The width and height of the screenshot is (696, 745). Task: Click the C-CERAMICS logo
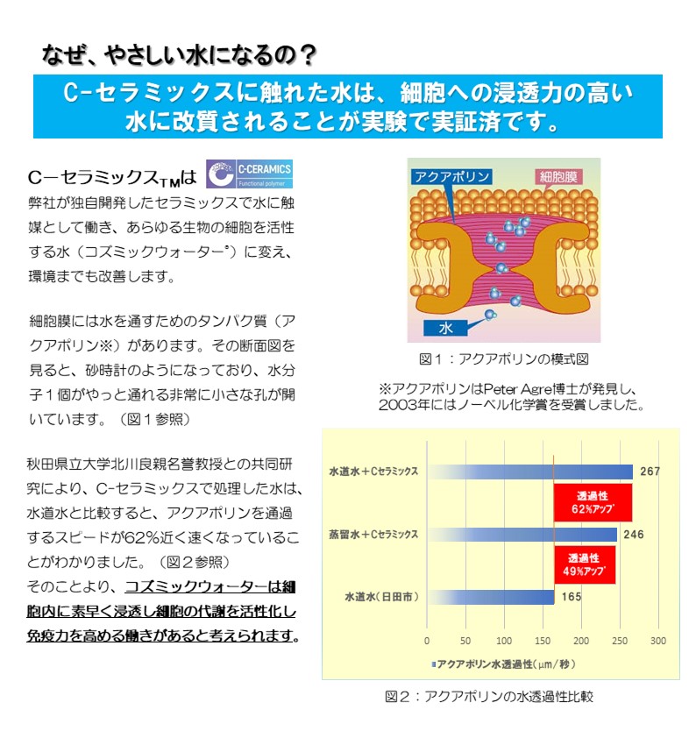250,174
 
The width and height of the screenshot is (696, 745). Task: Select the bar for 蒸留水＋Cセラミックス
522,534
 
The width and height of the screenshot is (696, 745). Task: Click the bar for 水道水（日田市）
490,597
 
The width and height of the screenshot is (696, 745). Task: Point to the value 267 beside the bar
650,472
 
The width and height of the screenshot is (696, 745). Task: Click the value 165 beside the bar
572,597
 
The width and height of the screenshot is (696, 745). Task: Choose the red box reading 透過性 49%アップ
584,564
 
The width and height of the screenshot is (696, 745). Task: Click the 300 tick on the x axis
658,642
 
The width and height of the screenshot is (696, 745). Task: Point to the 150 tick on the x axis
543,642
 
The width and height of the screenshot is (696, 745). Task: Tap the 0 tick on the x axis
427,642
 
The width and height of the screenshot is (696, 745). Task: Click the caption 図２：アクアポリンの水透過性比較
489,697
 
